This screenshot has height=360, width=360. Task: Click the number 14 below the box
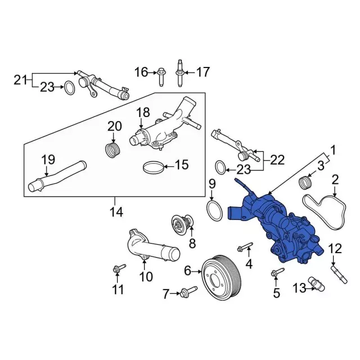click(116, 212)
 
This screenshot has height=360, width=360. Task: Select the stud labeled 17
click(180, 73)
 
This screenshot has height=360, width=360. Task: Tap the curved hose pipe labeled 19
click(57, 176)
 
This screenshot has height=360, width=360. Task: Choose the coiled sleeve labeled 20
click(112, 150)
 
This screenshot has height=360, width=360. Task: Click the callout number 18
click(143, 112)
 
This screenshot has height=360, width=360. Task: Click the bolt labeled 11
click(119, 268)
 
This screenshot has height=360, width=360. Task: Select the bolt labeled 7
click(189, 291)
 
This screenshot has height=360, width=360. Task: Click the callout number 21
click(21, 80)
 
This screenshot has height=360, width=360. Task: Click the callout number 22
click(277, 160)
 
